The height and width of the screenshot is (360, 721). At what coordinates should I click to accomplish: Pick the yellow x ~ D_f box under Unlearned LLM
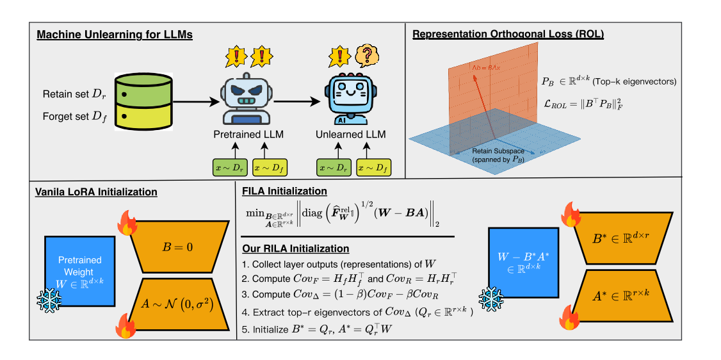coord(372,167)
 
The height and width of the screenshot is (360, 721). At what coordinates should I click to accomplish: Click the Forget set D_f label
coord(72,117)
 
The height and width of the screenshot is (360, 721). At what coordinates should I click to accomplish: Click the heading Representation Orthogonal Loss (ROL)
coord(508,34)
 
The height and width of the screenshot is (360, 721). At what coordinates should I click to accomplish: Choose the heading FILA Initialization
coord(284,191)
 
